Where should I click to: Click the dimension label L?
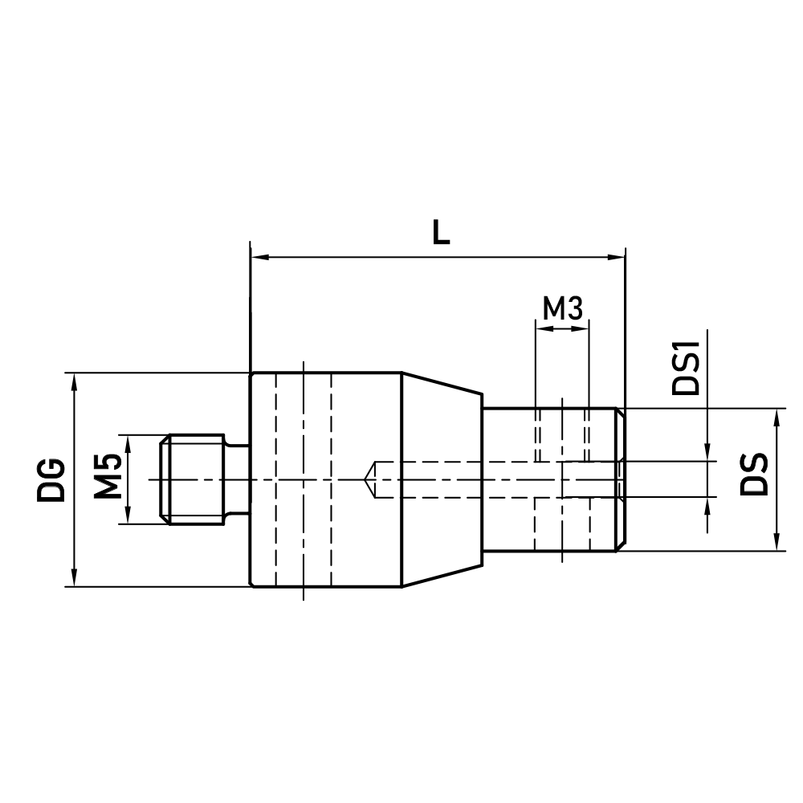coord(440,233)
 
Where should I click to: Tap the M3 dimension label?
coord(561,308)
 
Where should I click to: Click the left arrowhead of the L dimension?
coord(259,258)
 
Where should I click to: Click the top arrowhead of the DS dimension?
coord(777,417)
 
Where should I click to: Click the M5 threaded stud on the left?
coord(193,479)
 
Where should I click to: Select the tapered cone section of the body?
coord(442,479)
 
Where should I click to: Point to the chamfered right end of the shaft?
coord(620,479)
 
